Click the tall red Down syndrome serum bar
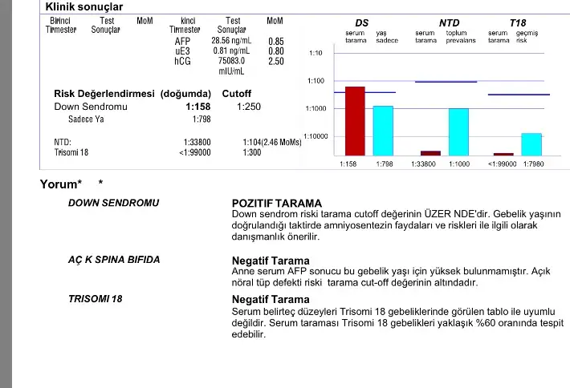pyautogui.click(x=355, y=120)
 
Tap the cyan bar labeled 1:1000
pyautogui.click(x=458, y=131)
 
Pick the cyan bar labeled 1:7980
pyautogui.click(x=531, y=144)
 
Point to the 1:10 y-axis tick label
pyautogui.click(x=316, y=53)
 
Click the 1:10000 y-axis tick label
pyautogui.click(x=315, y=136)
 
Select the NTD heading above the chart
pyautogui.click(x=449, y=22)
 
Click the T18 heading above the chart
pyautogui.click(x=518, y=22)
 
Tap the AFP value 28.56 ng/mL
pyautogui.click(x=232, y=40)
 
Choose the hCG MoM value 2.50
pyautogui.click(x=275, y=61)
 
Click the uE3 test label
pyautogui.click(x=182, y=51)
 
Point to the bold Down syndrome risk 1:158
pyautogui.click(x=197, y=107)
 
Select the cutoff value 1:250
pyautogui.click(x=249, y=107)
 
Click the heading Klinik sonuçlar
pyautogui.click(x=83, y=7)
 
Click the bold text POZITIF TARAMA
pyautogui.click(x=276, y=204)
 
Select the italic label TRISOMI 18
pyautogui.click(x=96, y=299)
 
